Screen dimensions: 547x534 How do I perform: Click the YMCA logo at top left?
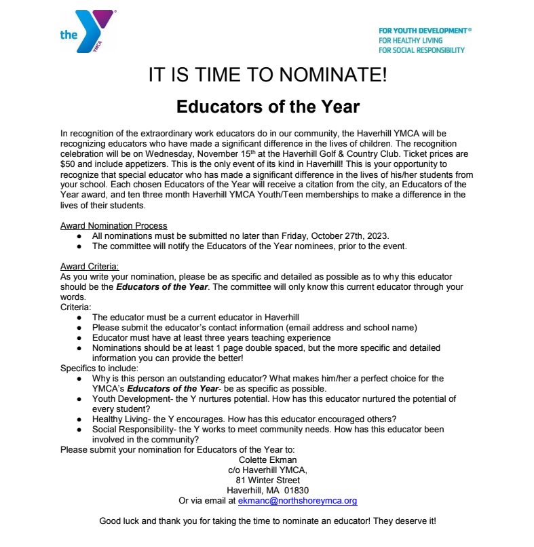point(87,31)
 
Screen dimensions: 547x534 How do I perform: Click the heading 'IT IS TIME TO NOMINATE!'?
point(267,75)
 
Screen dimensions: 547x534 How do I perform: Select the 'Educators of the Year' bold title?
point(267,107)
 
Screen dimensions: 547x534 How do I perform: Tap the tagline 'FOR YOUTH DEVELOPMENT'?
point(424,31)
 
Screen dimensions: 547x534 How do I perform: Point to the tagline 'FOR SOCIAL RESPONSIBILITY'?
point(421,50)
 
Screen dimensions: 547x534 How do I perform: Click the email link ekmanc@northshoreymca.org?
point(297,501)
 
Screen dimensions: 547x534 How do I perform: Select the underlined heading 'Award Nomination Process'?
point(113,226)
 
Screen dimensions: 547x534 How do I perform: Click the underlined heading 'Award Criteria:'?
point(89,267)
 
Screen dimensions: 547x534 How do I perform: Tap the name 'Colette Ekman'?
point(268,460)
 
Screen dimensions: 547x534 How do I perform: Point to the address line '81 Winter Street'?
point(268,480)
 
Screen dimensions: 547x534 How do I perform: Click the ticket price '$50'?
point(67,164)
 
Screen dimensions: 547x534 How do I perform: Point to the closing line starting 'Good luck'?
point(267,521)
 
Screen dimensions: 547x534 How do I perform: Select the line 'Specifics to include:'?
point(99,368)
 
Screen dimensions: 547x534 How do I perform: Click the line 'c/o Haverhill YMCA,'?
point(268,470)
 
